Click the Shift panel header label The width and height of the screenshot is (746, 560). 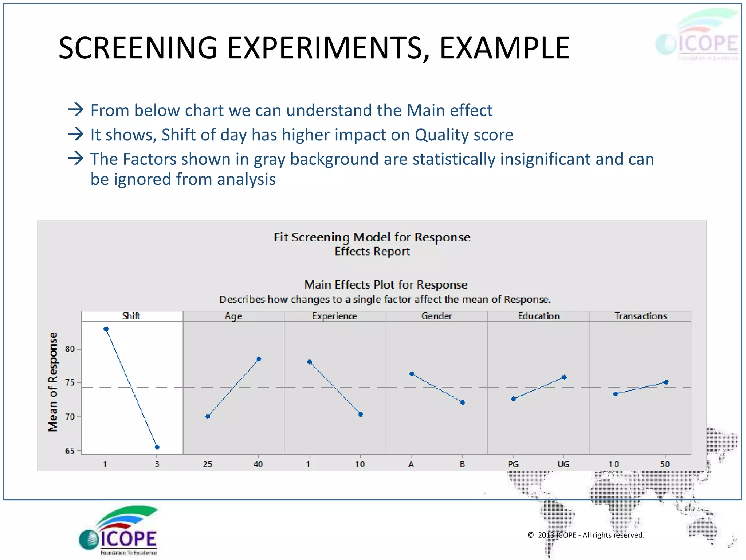point(131,316)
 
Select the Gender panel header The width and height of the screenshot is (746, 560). point(436,316)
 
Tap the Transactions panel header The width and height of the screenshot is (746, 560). point(640,316)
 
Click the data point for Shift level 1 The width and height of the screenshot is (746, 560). point(106,329)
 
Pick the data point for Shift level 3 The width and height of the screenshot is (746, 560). point(157,447)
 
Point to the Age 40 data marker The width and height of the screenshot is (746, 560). point(259,359)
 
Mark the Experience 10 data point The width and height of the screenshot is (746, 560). point(361,415)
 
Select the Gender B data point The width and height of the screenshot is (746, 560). point(463,402)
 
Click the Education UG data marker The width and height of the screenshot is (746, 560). point(564,377)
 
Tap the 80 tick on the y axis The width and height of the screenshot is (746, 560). point(70,349)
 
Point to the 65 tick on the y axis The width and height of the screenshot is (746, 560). point(70,451)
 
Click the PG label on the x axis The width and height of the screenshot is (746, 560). point(513,464)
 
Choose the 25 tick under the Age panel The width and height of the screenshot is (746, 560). point(207,464)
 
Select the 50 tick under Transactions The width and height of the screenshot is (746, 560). point(665,464)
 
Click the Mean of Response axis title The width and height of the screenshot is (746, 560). point(53,382)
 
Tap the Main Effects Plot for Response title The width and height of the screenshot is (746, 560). point(385,285)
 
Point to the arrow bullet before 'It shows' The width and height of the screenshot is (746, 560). point(76,134)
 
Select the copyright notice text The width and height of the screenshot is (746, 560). point(586,535)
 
